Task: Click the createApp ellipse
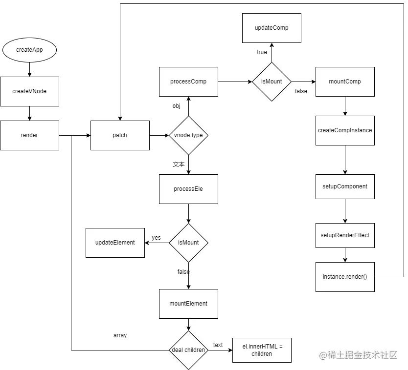29,50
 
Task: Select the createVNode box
29,91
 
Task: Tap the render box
29,135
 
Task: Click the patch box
120,135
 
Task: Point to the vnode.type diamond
188,135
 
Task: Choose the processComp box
188,82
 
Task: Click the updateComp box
272,28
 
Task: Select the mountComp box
345,82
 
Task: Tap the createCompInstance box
345,131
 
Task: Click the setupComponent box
345,186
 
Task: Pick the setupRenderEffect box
345,235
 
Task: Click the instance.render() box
345,277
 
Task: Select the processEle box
188,189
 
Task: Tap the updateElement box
115,243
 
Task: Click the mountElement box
188,304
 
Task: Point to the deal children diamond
188,350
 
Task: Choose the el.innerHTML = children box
262,350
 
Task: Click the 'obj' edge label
177,106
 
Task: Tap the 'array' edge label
120,335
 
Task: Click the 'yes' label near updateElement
156,238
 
